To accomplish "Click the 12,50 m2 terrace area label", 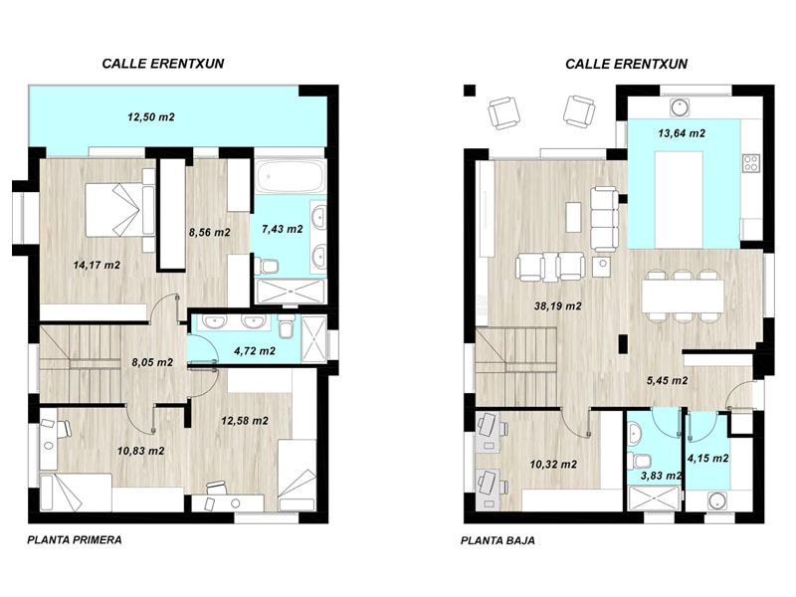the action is point(151,117).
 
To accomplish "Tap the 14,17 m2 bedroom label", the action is point(97,265).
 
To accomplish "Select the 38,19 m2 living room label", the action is point(558,306).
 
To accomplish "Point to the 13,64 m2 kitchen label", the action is point(682,133).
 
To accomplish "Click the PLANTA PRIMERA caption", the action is point(75,539).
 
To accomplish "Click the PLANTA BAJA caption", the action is point(497,540).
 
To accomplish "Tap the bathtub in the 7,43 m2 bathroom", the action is point(290,177).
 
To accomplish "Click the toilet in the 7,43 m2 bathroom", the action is point(268,265).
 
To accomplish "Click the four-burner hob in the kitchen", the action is point(751,162).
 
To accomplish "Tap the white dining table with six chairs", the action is point(683,296).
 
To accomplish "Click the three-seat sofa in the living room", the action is point(605,219).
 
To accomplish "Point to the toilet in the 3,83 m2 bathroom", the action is point(639,461).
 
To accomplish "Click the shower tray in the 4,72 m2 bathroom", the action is point(313,338).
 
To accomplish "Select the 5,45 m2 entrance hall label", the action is point(667,381).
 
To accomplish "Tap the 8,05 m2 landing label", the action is point(152,362).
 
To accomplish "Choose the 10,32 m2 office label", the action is point(553,465).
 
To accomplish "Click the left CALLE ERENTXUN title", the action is point(163,64).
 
